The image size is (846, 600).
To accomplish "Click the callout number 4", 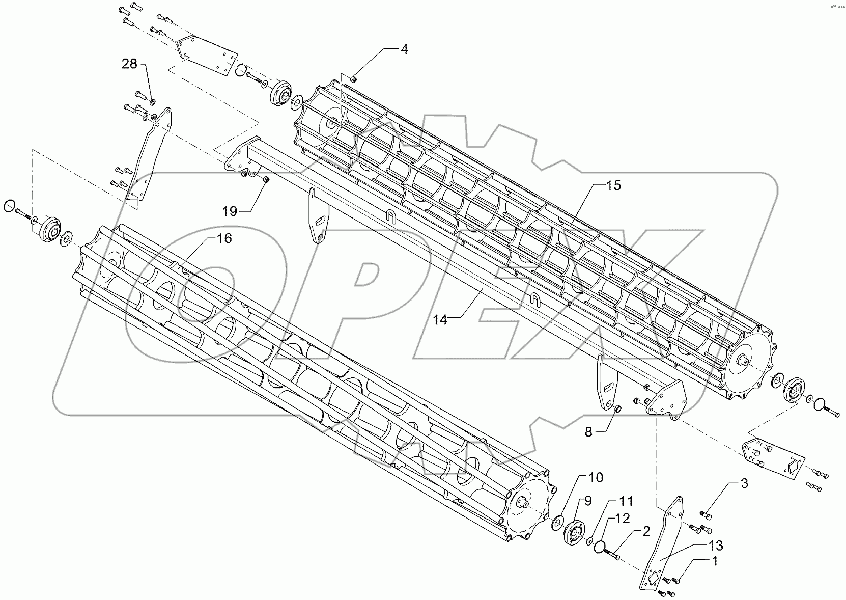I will click(x=404, y=49).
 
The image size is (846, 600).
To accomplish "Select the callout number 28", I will click(x=129, y=64).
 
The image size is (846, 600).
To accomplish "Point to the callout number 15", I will click(x=613, y=185).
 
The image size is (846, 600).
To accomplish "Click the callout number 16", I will click(x=224, y=238).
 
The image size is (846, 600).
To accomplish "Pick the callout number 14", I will click(x=440, y=319).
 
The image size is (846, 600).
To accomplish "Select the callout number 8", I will click(x=588, y=432).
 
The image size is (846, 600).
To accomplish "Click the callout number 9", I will click(x=588, y=501).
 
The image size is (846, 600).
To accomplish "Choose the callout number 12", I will click(x=623, y=519).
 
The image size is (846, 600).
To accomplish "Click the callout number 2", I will click(x=645, y=531).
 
